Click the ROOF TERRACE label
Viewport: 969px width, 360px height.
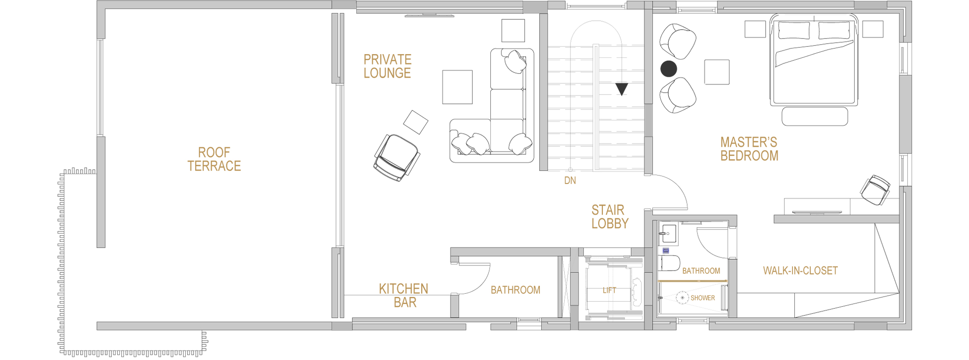[214, 159]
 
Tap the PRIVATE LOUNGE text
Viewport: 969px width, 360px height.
[387, 66]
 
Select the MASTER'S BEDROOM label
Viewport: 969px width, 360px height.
[749, 149]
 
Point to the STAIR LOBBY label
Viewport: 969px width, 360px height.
[609, 216]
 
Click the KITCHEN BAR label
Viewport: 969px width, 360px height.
[404, 296]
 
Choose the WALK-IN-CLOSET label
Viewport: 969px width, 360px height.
[800, 271]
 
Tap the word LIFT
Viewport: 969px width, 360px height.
[609, 290]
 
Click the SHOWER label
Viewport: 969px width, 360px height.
[703, 298]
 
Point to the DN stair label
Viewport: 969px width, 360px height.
[570, 180]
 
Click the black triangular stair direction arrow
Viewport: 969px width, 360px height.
[622, 89]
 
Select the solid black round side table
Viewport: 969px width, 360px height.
[668, 69]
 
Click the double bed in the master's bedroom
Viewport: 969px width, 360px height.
[814, 59]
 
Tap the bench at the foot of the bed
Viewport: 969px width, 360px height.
[815, 116]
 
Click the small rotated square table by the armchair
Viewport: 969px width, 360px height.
[416, 122]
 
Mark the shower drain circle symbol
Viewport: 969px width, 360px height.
[682, 297]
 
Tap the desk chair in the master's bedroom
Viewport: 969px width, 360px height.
[875, 190]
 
